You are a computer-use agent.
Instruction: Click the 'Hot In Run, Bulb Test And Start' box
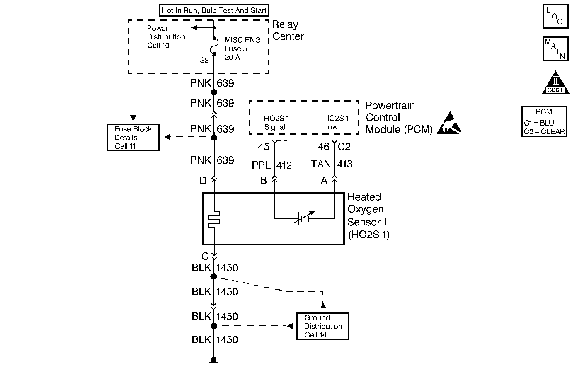click(x=214, y=10)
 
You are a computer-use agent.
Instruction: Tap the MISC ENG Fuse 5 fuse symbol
click(x=215, y=46)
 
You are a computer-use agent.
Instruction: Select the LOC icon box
click(x=555, y=16)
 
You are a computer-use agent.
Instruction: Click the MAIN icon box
click(x=555, y=49)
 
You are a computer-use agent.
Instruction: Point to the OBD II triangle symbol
click(x=556, y=82)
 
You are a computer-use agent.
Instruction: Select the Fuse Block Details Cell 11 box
click(x=133, y=138)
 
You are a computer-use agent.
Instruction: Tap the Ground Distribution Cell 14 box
click(x=323, y=326)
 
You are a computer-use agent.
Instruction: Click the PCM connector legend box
click(x=544, y=122)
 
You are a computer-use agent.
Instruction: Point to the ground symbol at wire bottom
click(x=214, y=361)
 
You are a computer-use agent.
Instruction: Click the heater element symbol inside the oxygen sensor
click(x=214, y=219)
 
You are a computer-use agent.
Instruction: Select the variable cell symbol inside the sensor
click(x=304, y=218)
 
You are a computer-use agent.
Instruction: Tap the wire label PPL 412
click(x=272, y=165)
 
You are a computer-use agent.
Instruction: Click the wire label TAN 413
click(x=332, y=164)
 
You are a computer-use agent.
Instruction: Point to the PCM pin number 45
click(x=264, y=147)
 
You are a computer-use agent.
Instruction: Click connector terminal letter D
click(x=203, y=181)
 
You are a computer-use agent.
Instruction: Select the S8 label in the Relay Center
click(x=204, y=61)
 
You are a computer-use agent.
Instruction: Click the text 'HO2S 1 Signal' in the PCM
click(x=276, y=123)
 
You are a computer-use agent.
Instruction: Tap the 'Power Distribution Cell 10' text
click(x=166, y=37)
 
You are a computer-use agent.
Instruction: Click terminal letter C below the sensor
click(x=205, y=256)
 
